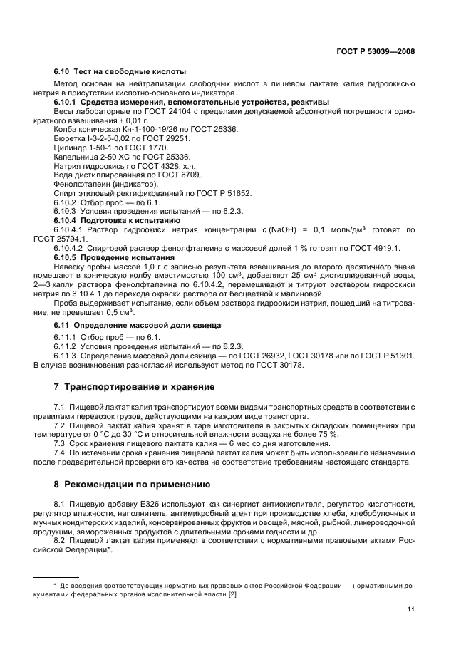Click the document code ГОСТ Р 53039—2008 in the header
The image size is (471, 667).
[x=376, y=51]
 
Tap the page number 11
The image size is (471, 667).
[x=411, y=609]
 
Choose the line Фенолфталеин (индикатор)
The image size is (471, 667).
[x=101, y=184]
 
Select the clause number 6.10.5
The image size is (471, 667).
[x=65, y=257]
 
